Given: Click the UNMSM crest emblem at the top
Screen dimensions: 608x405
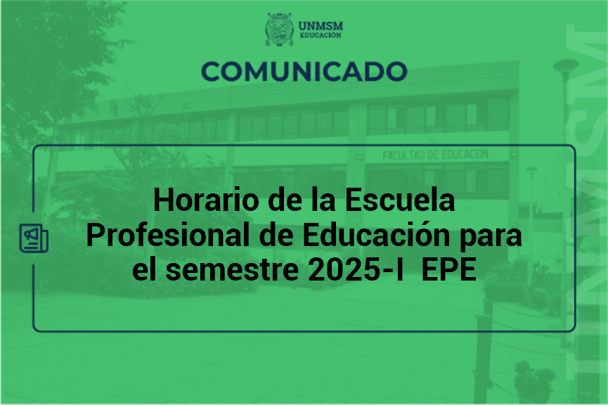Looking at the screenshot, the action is pos(279,30).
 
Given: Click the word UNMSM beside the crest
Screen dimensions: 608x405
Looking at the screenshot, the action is pos(321,26).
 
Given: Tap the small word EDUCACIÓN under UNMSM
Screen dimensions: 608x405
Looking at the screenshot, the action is pos(321,35).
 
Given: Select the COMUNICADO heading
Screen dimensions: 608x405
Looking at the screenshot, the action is pos(304,72).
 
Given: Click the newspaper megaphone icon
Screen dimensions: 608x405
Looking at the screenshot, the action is pos(34,238).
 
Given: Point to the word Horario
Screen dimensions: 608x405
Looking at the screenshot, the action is pos(206,200).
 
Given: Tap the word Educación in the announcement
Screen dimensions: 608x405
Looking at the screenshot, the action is pos(376,235).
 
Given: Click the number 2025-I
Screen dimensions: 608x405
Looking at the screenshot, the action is pos(356,269).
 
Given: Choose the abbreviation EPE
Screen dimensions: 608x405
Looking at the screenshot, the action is pos(448,269).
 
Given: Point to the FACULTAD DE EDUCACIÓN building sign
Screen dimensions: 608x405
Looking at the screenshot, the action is pos(436,155).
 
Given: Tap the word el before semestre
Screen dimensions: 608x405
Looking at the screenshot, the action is pos(145,269).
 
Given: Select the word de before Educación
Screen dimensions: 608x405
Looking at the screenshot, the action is pos(276,235).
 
